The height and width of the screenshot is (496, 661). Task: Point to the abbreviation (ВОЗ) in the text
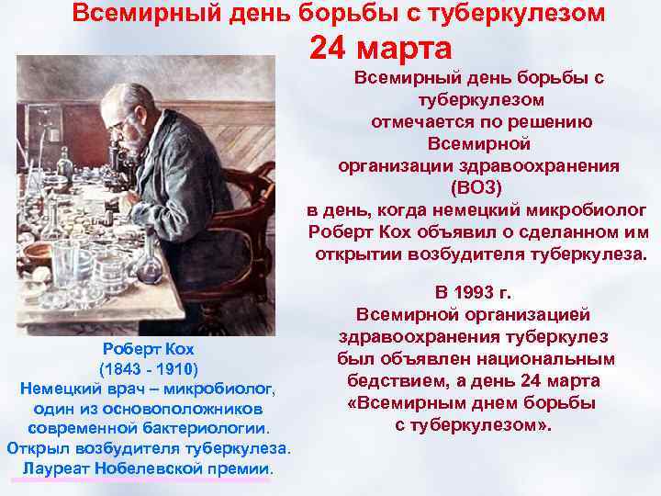477,186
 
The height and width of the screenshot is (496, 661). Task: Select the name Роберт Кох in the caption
147,350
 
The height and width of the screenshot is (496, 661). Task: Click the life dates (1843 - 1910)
148,369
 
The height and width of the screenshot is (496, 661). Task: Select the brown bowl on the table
41,253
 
